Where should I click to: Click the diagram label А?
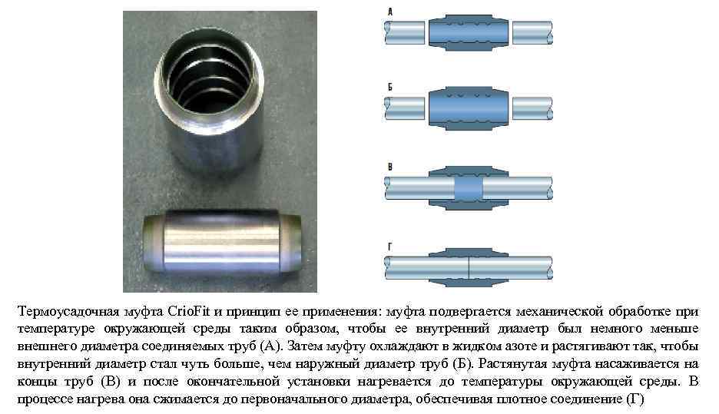click(x=389, y=12)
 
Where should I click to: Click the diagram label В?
click(x=389, y=165)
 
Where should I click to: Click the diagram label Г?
click(x=389, y=247)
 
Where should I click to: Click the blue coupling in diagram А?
click(x=468, y=32)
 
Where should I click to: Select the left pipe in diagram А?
click(x=404, y=32)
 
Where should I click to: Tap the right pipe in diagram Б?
click(x=532, y=108)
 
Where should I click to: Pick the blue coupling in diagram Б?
click(x=468, y=108)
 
